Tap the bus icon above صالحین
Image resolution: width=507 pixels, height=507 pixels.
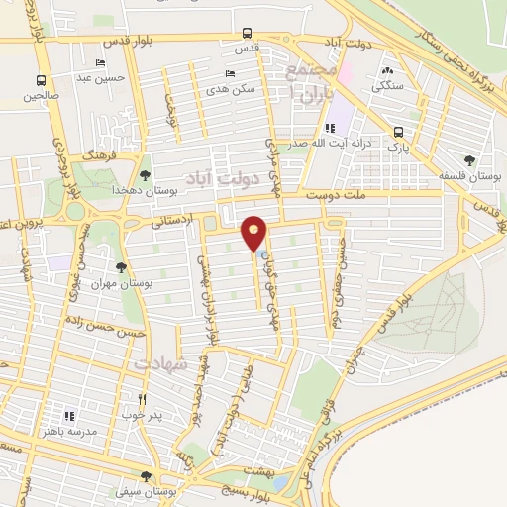pyautogui.click(x=41, y=81)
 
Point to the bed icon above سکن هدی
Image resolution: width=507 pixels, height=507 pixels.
pyautogui.click(x=231, y=73)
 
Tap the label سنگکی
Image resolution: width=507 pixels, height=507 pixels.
pyautogui.click(x=385, y=86)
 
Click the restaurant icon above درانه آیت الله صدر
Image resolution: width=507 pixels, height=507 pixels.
pyautogui.click(x=331, y=128)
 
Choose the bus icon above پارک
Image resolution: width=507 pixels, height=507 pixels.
pyautogui.click(x=398, y=132)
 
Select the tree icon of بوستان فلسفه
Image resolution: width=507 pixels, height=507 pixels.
pyautogui.click(x=469, y=160)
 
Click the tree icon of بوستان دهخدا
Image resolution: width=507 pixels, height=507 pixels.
pyautogui.click(x=146, y=175)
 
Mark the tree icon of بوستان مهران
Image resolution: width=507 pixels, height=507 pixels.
pyautogui.click(x=121, y=267)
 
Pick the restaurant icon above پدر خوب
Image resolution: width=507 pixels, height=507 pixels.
pyautogui.click(x=143, y=399)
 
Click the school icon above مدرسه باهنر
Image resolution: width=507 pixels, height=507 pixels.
pyautogui.click(x=68, y=417)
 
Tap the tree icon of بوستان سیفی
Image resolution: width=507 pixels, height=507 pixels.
pyautogui.click(x=146, y=476)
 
